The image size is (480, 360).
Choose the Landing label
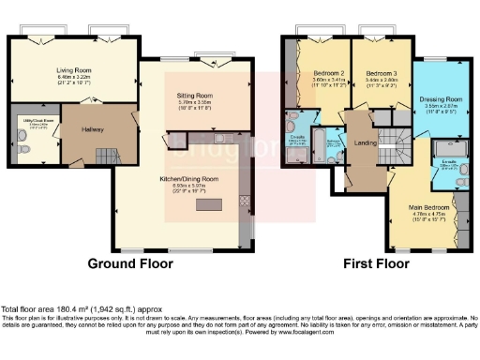coord(364,143)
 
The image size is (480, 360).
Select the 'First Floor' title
coord(373,264)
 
